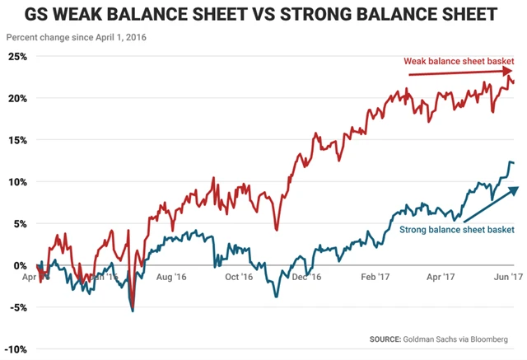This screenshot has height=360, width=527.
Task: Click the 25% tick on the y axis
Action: pos(16,57)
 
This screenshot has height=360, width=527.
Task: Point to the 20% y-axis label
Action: pos(16,98)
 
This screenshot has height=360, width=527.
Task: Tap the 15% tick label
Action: pos(16,140)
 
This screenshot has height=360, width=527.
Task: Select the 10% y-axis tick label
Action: pos(16,182)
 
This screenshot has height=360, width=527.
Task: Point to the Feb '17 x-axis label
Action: pos(375,278)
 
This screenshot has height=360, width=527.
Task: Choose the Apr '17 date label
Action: pos(441,278)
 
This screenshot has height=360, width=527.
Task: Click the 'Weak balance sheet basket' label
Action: pos(459,60)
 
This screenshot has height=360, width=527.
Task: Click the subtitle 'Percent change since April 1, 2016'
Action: pos(72,38)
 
